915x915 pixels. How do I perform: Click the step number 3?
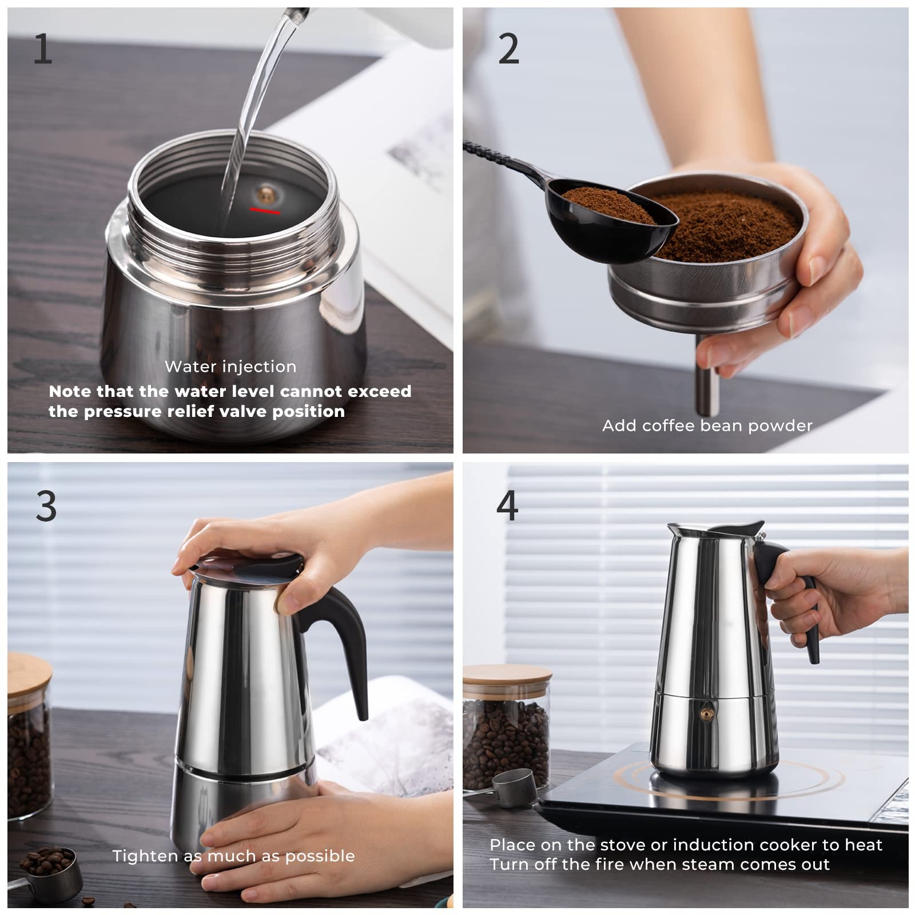(46, 506)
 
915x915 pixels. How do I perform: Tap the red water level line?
(265, 211)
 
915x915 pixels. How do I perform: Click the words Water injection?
(230, 367)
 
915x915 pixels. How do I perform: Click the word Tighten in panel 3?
(145, 856)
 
